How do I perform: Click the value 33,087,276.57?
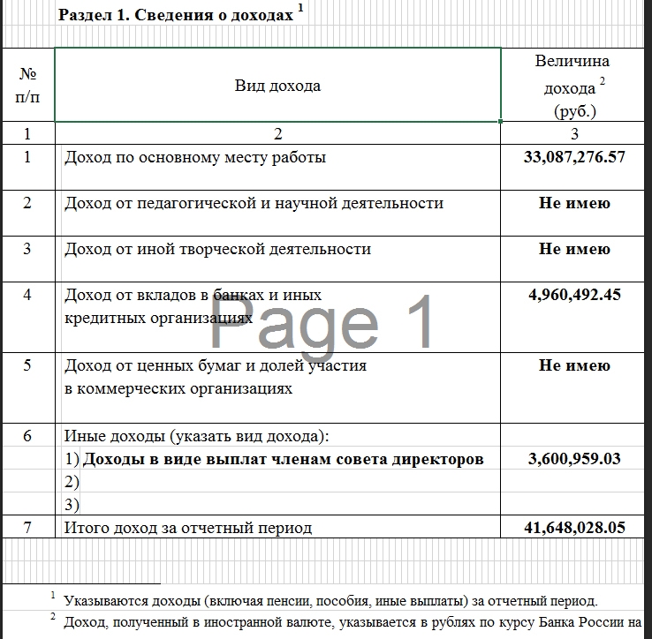click(574, 158)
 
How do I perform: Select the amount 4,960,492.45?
click(574, 295)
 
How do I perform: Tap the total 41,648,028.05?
click(574, 528)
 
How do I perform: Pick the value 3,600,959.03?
click(574, 459)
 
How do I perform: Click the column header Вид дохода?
click(277, 86)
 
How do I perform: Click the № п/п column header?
click(27, 86)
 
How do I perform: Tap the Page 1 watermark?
click(322, 323)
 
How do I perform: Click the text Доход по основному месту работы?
click(195, 158)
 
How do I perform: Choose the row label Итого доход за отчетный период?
click(188, 528)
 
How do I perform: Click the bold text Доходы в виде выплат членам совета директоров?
click(283, 459)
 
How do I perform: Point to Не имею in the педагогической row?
click(574, 204)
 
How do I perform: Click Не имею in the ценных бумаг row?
click(574, 365)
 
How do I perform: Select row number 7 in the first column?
click(27, 528)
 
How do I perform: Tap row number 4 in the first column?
click(27, 295)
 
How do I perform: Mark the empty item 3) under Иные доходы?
click(72, 505)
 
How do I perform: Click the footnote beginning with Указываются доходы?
click(330, 601)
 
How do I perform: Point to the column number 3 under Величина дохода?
click(574, 134)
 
